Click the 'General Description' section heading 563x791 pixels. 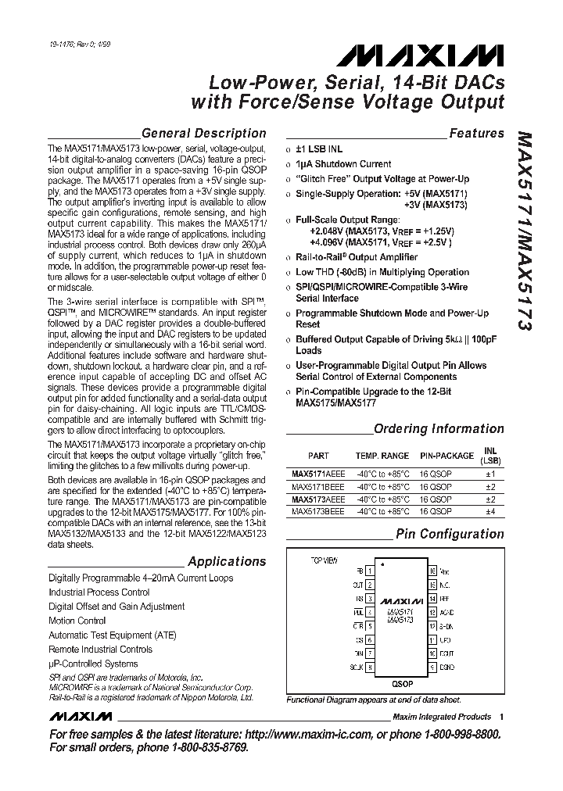(x=204, y=133)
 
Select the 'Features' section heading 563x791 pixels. (x=476, y=134)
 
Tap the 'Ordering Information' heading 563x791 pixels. (x=439, y=428)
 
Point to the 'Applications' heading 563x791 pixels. (x=227, y=561)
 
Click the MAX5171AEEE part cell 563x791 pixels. (x=317, y=474)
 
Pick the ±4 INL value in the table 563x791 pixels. (x=490, y=511)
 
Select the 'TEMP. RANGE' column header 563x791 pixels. (x=382, y=456)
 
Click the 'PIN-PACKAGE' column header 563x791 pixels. (x=446, y=456)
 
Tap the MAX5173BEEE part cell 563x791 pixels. (x=317, y=511)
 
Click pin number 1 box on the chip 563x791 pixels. (x=369, y=571)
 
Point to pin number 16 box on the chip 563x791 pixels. (x=432, y=571)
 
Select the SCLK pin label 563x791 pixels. (x=357, y=667)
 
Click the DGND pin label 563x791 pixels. (x=446, y=667)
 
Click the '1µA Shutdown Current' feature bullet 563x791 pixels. (x=342, y=163)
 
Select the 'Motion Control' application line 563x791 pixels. (x=77, y=621)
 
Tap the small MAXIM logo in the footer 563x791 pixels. (x=79, y=717)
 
